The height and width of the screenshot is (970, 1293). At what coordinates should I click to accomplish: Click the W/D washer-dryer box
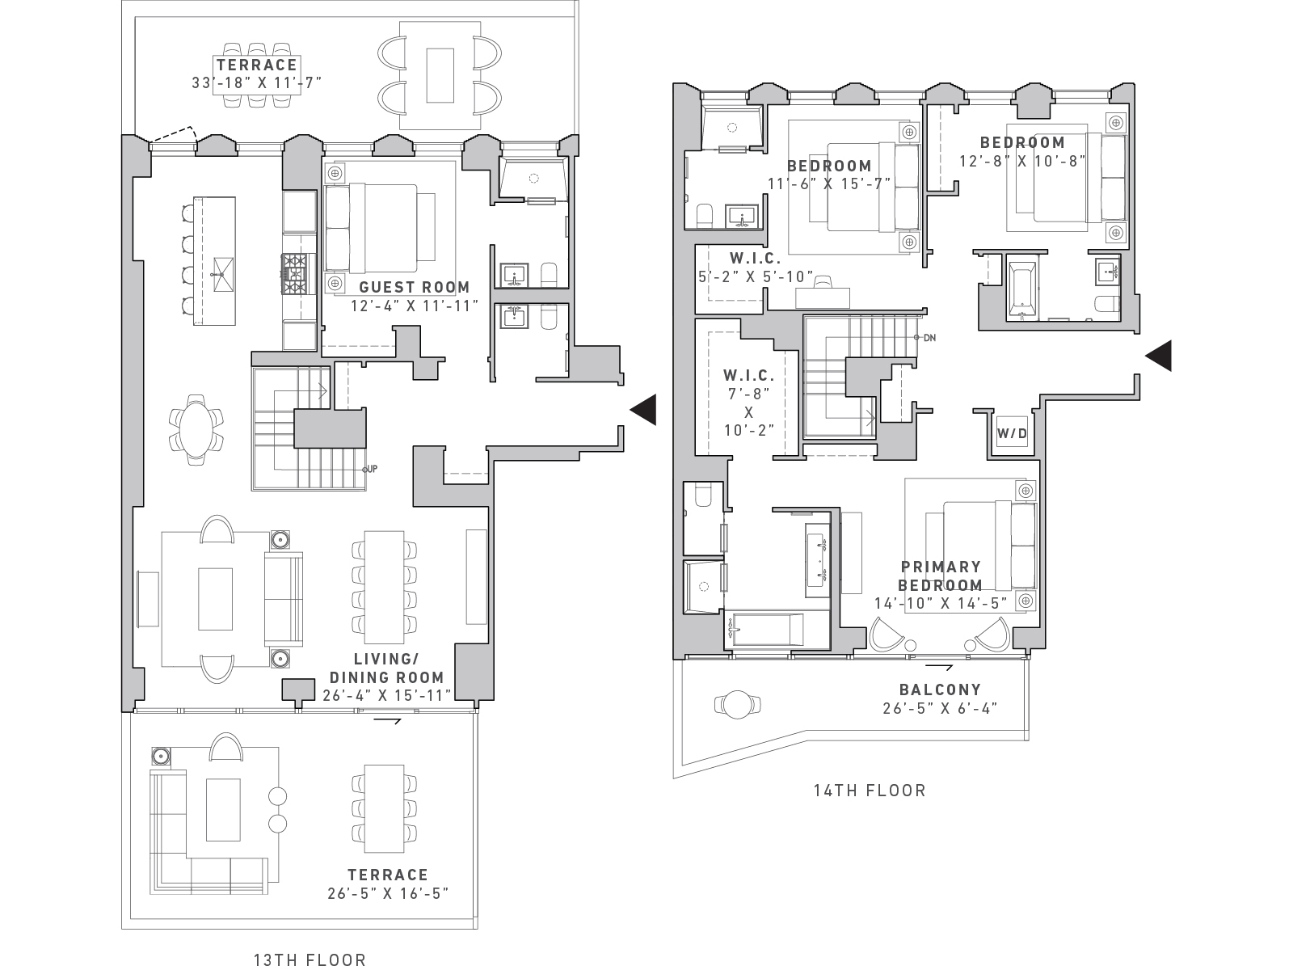[x=1012, y=433]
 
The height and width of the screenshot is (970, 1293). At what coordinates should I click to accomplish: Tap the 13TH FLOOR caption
[x=310, y=960]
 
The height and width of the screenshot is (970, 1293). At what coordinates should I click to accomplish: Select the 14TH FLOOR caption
[x=870, y=791]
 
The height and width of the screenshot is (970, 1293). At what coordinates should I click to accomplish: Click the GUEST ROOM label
[x=415, y=288]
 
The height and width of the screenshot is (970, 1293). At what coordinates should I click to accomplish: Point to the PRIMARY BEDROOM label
[x=941, y=576]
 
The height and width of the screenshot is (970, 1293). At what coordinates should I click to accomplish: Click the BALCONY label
[x=940, y=690]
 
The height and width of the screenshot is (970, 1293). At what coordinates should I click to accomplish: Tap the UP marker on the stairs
[x=371, y=470]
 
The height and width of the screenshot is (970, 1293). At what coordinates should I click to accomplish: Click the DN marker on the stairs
[x=929, y=338]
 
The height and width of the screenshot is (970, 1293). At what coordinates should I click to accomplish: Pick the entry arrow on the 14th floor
[x=1158, y=356]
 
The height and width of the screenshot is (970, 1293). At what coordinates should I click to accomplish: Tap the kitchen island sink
[x=223, y=275]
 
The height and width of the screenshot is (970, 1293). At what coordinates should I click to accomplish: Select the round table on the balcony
[x=737, y=704]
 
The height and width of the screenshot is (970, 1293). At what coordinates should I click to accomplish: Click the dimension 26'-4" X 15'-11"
[x=387, y=695]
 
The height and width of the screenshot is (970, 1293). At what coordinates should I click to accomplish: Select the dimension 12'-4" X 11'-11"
[x=415, y=306]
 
